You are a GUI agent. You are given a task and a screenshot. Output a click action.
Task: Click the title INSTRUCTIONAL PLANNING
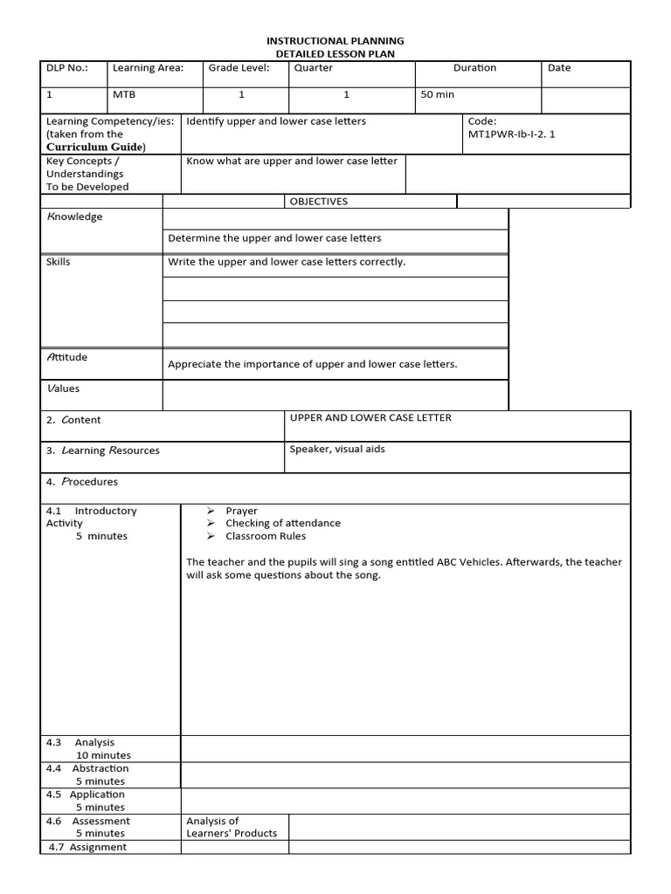(x=335, y=41)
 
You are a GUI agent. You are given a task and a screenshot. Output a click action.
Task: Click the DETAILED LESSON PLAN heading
(x=335, y=54)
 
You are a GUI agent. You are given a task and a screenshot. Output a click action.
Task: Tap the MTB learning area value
(x=124, y=94)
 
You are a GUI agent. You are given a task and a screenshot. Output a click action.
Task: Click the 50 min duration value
(x=438, y=94)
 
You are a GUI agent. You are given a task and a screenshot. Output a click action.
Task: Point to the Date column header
(x=559, y=68)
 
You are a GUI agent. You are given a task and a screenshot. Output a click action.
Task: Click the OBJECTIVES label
(x=319, y=202)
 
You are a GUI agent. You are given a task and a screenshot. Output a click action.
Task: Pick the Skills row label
(x=59, y=262)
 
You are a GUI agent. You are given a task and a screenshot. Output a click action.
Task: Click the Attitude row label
(x=66, y=357)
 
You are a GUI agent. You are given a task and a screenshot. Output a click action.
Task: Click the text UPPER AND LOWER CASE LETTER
(x=370, y=418)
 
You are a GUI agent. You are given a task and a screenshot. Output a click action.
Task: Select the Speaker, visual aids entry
(x=337, y=450)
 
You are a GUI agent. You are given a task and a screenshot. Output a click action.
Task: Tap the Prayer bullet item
(x=241, y=511)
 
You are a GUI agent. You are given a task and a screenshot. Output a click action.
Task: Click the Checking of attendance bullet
(x=282, y=523)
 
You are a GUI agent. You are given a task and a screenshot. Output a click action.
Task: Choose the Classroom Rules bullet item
(x=266, y=536)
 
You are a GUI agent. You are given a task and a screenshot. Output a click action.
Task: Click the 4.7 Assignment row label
(x=87, y=847)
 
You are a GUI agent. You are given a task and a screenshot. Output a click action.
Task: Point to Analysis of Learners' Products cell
(x=232, y=827)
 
